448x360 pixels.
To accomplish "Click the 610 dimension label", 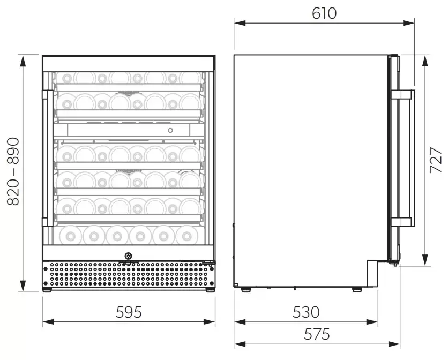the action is tap(324, 13).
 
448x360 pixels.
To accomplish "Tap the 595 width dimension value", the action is tap(129, 312).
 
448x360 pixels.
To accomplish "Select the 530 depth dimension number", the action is tap(305, 312).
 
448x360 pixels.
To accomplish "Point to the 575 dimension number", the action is tap(317, 334).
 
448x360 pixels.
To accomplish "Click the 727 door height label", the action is tap(436, 160).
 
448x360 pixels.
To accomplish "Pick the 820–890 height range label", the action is tap(13, 171).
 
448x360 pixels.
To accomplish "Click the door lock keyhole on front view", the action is tap(128, 256).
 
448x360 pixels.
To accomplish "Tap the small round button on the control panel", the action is tap(170, 131).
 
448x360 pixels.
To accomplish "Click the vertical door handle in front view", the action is tap(48, 158).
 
